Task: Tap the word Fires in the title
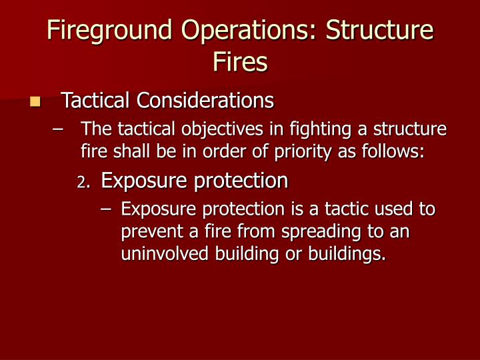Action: [x=240, y=62]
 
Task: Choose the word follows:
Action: [x=394, y=151]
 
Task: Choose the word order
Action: [x=227, y=151]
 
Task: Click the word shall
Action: [x=122, y=151]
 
